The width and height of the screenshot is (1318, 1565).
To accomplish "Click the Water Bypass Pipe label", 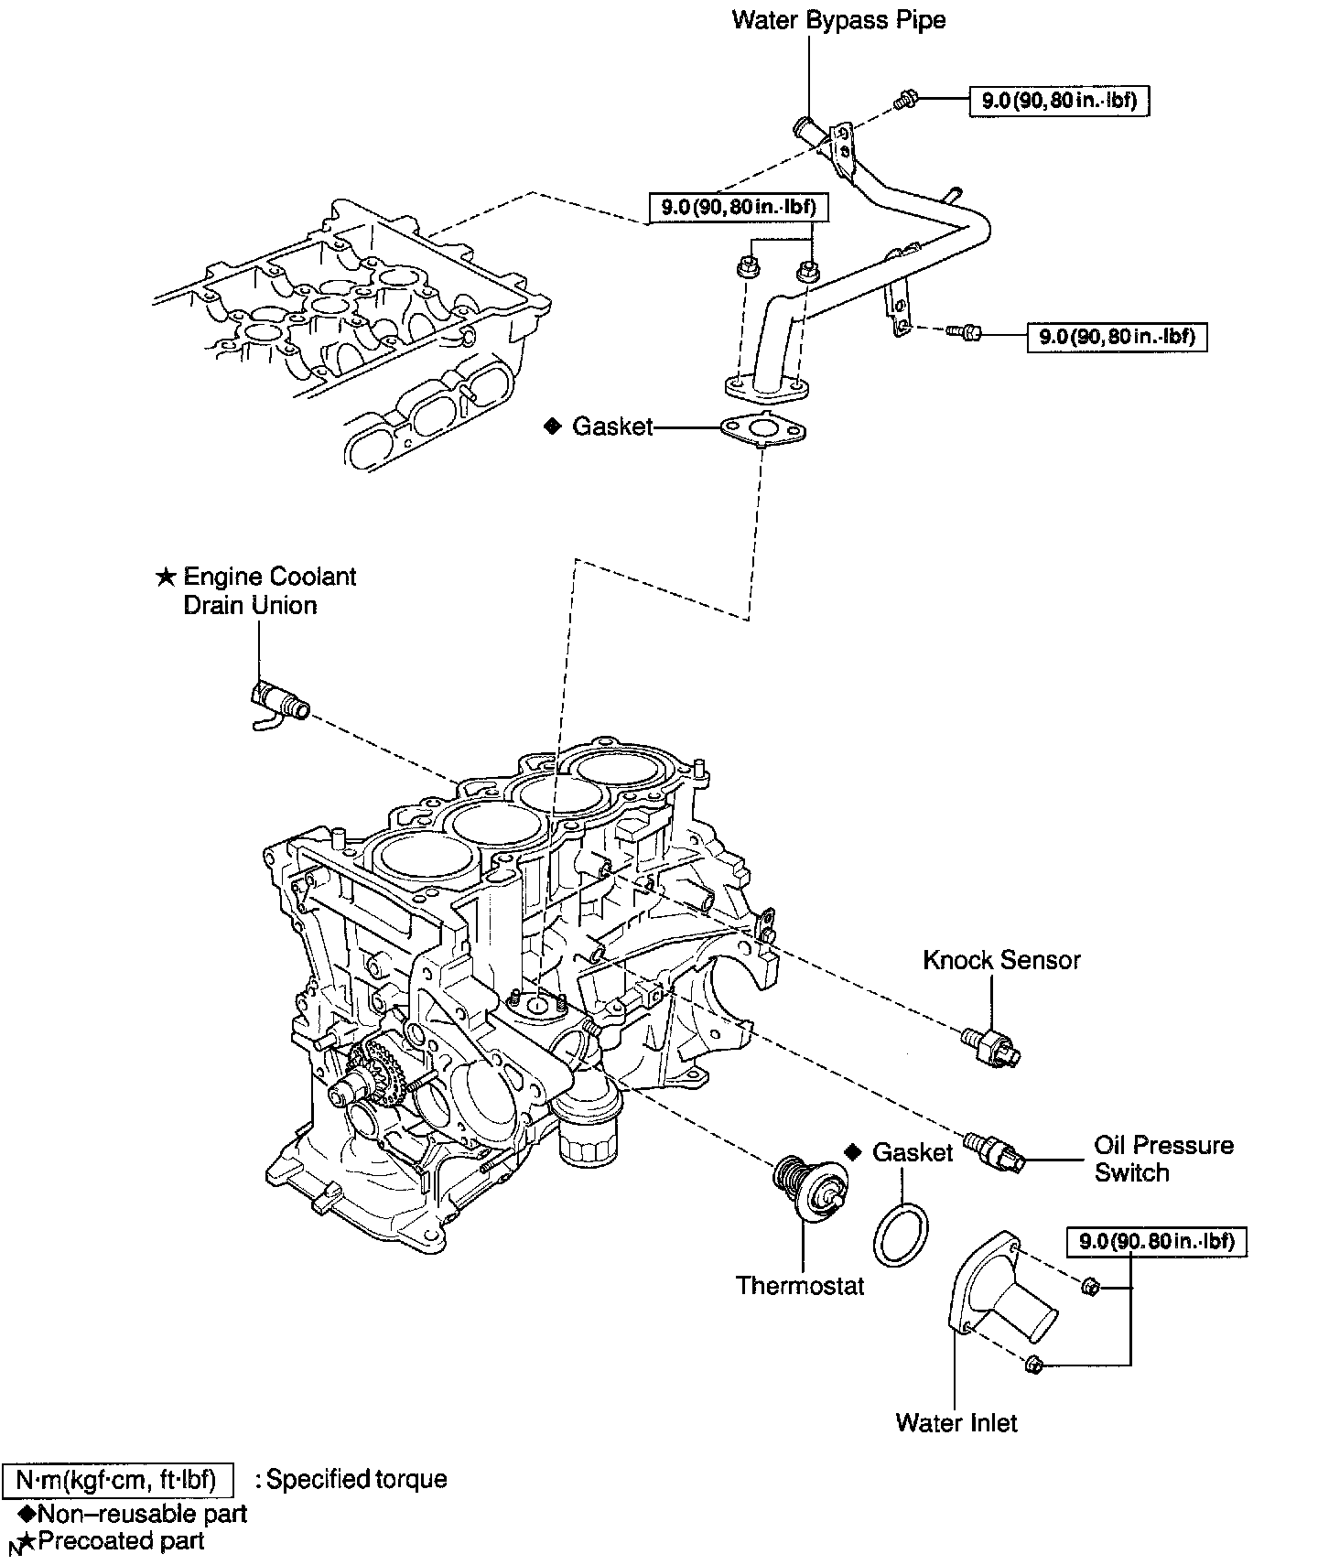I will coord(838,20).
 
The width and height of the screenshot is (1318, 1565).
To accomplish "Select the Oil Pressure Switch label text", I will coord(1163,1159).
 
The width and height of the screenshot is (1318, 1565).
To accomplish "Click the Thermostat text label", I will coord(800,1286).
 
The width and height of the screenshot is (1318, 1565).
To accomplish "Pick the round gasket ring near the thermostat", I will coord(902,1236).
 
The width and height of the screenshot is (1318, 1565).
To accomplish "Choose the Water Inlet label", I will coord(956,1422).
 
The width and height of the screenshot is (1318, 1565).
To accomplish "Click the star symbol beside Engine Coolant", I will coord(165,577).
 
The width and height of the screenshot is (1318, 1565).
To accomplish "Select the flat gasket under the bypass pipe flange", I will coord(764,429).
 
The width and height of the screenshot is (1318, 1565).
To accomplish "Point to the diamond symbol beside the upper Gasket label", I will coord(551,426).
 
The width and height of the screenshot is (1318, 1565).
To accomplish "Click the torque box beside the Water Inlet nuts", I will coord(1157,1241).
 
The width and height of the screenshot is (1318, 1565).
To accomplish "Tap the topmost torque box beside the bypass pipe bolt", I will coord(1059,100).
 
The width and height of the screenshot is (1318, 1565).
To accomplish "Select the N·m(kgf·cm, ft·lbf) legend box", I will coord(117,1479).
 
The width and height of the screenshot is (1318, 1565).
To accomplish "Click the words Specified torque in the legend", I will coord(356,1479).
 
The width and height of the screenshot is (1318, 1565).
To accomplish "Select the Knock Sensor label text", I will coord(1001,960).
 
